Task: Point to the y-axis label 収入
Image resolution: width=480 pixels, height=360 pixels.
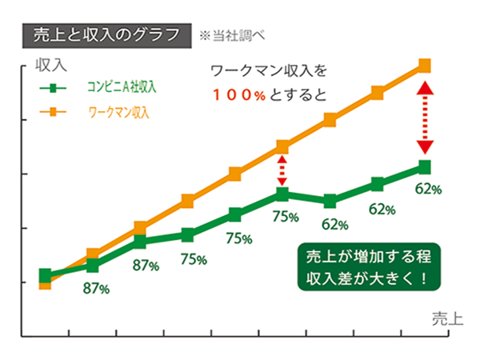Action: tap(50, 63)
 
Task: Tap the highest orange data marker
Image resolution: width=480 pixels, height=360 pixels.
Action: tap(425, 66)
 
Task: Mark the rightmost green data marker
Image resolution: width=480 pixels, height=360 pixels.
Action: tap(425, 166)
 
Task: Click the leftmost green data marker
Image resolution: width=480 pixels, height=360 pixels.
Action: tap(46, 275)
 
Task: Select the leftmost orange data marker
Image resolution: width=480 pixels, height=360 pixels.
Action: tap(46, 282)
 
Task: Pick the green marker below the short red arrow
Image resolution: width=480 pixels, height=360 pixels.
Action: tap(282, 194)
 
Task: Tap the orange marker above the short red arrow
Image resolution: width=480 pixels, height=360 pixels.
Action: tap(282, 146)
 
